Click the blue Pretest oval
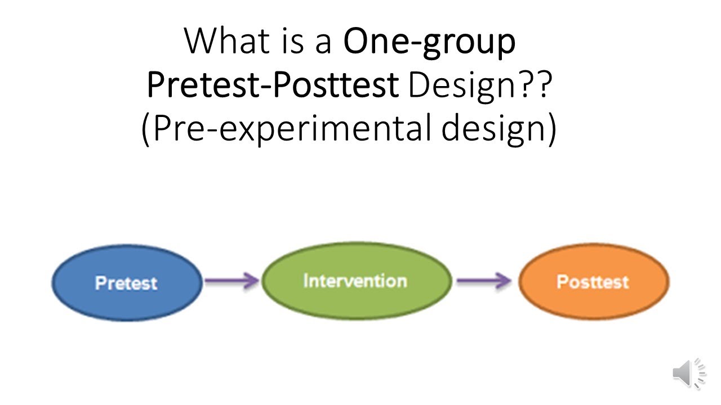tap(126, 282)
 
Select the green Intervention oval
tap(356, 281)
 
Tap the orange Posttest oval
tap(593, 282)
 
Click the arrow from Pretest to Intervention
tap(231, 281)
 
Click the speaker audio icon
tap(688, 373)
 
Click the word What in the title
tap(225, 42)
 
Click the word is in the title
tap(292, 42)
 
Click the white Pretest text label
tap(126, 282)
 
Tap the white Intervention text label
tap(355, 281)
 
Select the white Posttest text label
tap(593, 282)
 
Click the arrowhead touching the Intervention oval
tap(251, 281)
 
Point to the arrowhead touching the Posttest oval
tap(504, 281)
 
